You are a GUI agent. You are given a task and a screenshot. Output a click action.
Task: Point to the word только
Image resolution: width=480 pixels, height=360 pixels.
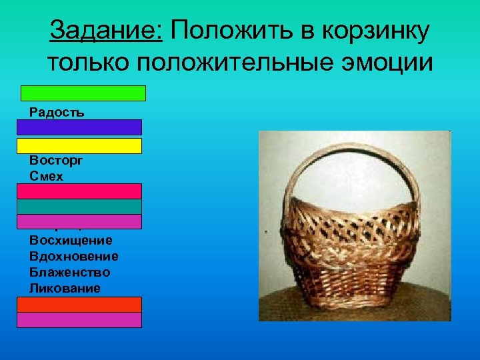coord(87,63)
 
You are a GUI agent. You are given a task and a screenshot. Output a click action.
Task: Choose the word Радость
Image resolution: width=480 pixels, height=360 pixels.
coord(57,112)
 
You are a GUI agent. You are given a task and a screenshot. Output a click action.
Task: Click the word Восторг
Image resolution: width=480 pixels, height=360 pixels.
coord(55,161)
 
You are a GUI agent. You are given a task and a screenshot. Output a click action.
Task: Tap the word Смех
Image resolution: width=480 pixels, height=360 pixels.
coord(45,176)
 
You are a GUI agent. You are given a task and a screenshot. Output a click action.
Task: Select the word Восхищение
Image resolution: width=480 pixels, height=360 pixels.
coord(71,240)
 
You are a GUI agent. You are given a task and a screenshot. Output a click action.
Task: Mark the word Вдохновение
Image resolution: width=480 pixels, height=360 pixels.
coord(74,256)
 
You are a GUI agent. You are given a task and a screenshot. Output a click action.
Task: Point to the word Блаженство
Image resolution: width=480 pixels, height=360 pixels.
coord(70,272)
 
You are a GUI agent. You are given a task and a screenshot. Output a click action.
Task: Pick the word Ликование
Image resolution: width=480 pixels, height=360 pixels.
coord(65,288)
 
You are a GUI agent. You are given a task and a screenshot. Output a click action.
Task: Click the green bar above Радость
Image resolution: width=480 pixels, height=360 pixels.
coord(83,93)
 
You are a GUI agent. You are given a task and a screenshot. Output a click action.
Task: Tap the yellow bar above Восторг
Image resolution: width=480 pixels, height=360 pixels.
coord(79,146)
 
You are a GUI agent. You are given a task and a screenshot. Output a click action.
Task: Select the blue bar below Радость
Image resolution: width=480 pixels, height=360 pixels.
coord(79,127)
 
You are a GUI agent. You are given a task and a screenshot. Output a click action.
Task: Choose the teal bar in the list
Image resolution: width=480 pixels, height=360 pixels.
coord(79,207)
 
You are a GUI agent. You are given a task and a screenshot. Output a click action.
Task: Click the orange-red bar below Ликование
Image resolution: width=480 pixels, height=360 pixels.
coord(79,305)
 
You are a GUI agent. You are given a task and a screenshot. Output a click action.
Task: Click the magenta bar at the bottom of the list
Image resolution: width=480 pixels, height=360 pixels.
coord(79,320)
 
